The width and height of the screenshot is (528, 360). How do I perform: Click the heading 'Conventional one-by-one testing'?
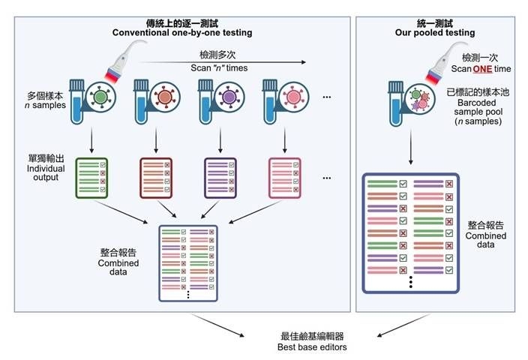click(x=181, y=32)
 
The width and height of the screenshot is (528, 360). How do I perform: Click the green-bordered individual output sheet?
click(x=92, y=178)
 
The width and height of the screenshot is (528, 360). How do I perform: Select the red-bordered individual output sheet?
click(x=157, y=178)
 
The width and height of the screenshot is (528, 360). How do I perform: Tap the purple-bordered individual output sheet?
click(x=220, y=178)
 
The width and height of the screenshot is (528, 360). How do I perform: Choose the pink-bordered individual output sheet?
click(x=285, y=178)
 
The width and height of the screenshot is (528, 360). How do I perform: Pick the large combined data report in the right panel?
click(x=411, y=233)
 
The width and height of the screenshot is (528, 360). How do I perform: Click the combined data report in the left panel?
click(x=188, y=263)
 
